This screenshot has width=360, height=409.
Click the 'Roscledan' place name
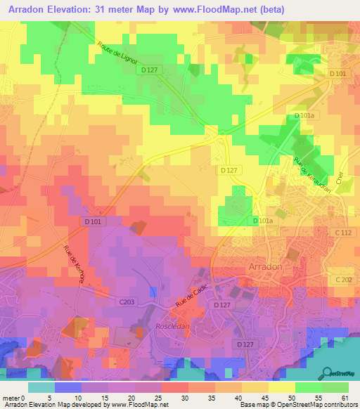172,327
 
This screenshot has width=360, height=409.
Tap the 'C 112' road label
343,233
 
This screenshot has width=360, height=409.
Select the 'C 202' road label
343,280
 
